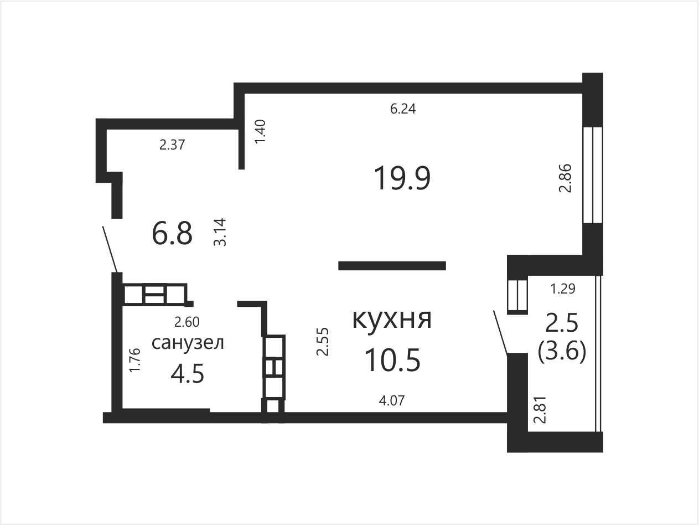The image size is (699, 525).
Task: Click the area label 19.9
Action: pyautogui.click(x=402, y=179)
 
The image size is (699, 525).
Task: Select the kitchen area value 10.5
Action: pyautogui.click(x=392, y=360)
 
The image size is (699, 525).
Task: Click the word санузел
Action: pyautogui.click(x=188, y=343)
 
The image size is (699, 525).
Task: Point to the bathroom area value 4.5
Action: pyautogui.click(x=187, y=374)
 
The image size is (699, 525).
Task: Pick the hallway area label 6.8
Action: pyautogui.click(x=172, y=234)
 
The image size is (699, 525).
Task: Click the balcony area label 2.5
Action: pyautogui.click(x=562, y=323)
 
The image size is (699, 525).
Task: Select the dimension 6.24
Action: pyautogui.click(x=403, y=109)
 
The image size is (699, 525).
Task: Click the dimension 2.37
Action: pyautogui.click(x=172, y=145)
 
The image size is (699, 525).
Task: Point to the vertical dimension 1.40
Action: pyautogui.click(x=260, y=132)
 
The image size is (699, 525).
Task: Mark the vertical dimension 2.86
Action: pyautogui.click(x=565, y=178)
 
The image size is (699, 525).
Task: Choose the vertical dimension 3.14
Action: pyautogui.click(x=220, y=232)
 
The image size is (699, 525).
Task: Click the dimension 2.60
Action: pyautogui.click(x=187, y=322)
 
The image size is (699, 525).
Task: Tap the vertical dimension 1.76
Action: pyautogui.click(x=134, y=360)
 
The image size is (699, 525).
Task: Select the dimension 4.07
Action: pyautogui.click(x=392, y=400)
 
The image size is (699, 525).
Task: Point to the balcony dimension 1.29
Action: pyautogui.click(x=563, y=289)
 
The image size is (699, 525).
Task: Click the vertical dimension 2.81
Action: pyautogui.click(x=540, y=410)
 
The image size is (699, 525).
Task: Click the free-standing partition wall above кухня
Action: pyautogui.click(x=392, y=266)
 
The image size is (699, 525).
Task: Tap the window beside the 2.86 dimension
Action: pyautogui.click(x=593, y=175)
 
